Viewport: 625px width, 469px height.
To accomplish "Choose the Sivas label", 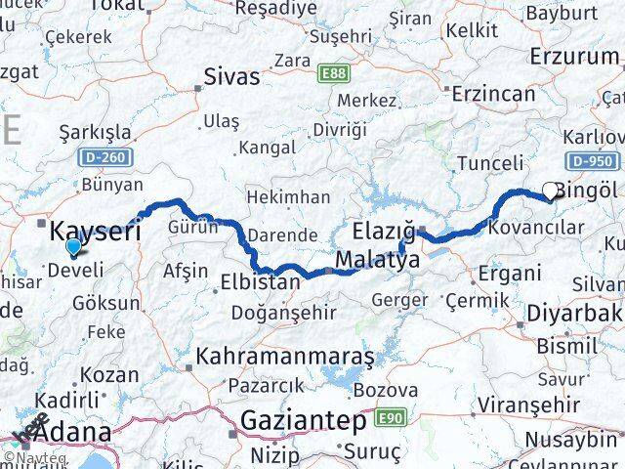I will (232, 76).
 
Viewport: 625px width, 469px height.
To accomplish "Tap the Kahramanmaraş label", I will (285, 358).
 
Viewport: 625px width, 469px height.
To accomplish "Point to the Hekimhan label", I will (288, 197).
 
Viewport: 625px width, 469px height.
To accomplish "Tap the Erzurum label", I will (574, 56).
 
